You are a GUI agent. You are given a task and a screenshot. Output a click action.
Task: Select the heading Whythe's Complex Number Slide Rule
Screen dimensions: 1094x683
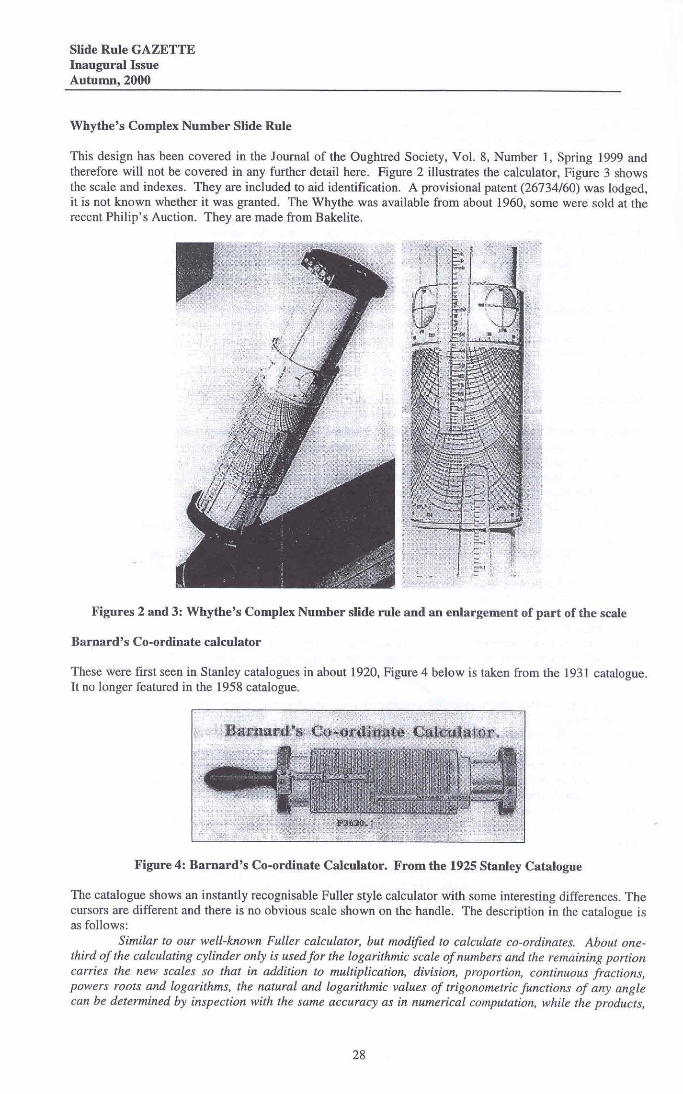[x=181, y=126]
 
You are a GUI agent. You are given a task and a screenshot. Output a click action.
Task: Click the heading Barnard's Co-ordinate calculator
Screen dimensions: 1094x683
[x=166, y=642]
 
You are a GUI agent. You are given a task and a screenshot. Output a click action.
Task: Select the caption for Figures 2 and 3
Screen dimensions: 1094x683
[x=359, y=613]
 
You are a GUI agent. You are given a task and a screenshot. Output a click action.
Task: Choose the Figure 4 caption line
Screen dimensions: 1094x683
[x=358, y=866]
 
